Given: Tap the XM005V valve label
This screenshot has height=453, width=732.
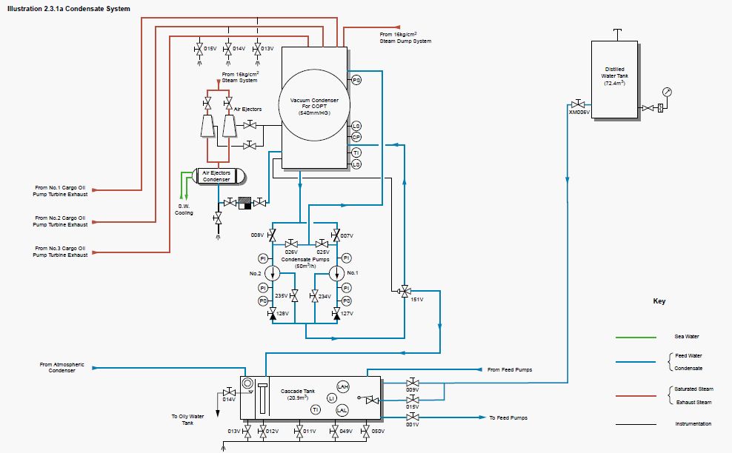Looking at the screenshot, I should pyautogui.click(x=579, y=113).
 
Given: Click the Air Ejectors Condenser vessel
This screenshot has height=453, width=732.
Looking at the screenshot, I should pyautogui.click(x=219, y=176).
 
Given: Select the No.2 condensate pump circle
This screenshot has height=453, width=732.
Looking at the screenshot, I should pyautogui.click(x=273, y=272).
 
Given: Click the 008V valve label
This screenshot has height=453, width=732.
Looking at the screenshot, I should pyautogui.click(x=258, y=235).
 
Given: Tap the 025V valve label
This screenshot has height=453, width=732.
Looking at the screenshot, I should pyautogui.click(x=322, y=252).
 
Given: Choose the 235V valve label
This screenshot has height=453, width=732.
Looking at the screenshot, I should pyautogui.click(x=282, y=296).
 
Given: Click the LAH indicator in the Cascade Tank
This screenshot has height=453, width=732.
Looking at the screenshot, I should pyautogui.click(x=342, y=387).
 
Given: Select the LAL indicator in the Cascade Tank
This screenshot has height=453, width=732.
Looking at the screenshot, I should pyautogui.click(x=342, y=409).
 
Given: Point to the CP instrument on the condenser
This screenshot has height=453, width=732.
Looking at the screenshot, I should pyautogui.click(x=356, y=137).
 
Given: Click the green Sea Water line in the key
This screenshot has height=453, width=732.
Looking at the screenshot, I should pyautogui.click(x=635, y=337).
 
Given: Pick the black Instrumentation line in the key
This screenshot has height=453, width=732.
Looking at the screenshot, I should pyautogui.click(x=635, y=424).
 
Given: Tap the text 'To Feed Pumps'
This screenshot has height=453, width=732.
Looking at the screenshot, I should pyautogui.click(x=508, y=418).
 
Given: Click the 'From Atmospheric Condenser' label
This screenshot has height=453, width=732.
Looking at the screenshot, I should pyautogui.click(x=62, y=368).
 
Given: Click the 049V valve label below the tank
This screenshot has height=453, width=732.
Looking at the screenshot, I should pyautogui.click(x=346, y=431).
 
